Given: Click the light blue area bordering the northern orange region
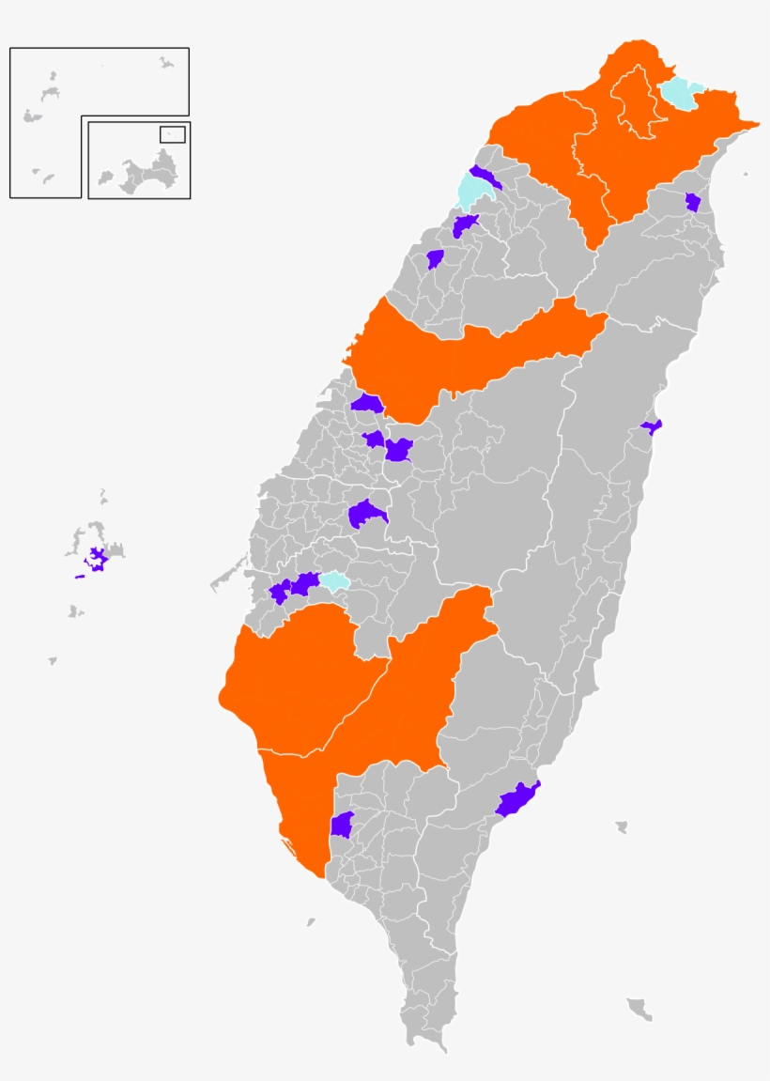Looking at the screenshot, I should pos(680,94).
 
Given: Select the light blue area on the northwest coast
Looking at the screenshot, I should pos(470,191).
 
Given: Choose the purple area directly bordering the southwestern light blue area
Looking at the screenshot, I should pos(304,583).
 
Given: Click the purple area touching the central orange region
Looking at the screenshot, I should pos(366,404).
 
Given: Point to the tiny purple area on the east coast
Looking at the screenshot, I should pos(653,426).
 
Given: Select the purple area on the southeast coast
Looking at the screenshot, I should pos(517,798).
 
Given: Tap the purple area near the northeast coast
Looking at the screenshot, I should pos(693,202).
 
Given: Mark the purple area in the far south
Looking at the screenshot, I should pos(342,825).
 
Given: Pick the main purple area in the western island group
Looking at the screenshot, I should pos(97,559).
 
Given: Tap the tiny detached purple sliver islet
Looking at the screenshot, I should pos(80,577).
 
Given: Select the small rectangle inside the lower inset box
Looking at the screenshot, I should pos(172,134).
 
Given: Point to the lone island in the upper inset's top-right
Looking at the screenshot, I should pos(166,63).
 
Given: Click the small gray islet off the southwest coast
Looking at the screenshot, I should pos(311,922).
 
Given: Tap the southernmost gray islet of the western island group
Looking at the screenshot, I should pos(53,661).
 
